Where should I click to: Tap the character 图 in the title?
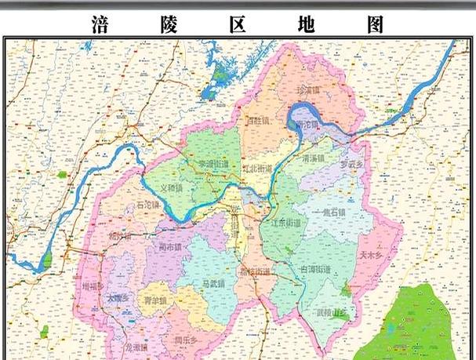coord(375,24)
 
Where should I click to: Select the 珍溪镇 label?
coord(308,90)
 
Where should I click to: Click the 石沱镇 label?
coord(147,205)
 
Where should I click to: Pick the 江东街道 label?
coord(285,223)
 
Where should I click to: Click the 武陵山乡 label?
coord(331,313)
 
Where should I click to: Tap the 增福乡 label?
coord(93,286)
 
